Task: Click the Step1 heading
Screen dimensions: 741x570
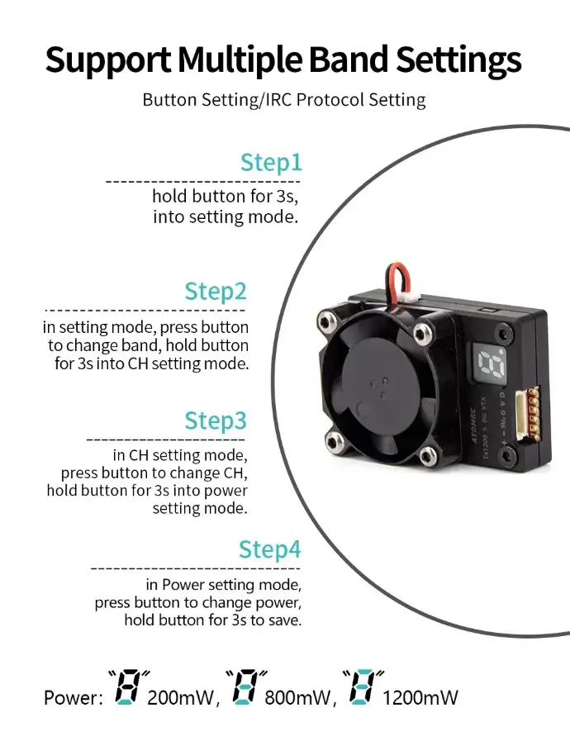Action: point(271,162)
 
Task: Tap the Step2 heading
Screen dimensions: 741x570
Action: point(216,292)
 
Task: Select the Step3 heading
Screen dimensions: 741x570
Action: point(216,420)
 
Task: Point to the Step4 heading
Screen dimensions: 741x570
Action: point(270,549)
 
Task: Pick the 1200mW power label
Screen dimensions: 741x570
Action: point(420,698)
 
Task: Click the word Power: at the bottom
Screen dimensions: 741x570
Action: point(74,698)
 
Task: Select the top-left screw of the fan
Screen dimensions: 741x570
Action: point(325,317)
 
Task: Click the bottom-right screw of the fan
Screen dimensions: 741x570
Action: point(427,455)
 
